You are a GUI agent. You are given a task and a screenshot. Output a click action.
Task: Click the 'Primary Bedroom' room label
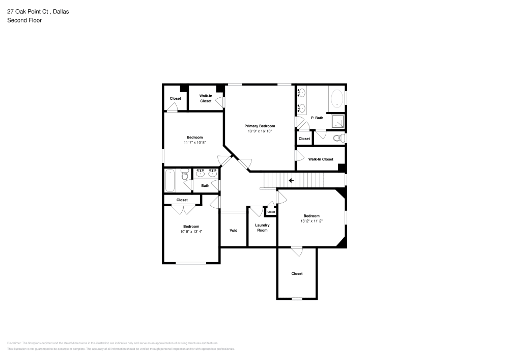pyautogui.click(x=260, y=126)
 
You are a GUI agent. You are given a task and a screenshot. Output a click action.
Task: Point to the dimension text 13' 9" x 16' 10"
pyautogui.click(x=260, y=131)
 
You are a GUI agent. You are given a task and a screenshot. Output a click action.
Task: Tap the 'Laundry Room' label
pyautogui.click(x=262, y=228)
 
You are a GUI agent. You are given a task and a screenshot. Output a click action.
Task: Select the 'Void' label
pyautogui.click(x=233, y=230)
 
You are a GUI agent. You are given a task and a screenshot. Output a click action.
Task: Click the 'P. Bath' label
pyautogui.click(x=317, y=118)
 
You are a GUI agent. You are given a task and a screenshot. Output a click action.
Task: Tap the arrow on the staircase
pyautogui.click(x=292, y=180)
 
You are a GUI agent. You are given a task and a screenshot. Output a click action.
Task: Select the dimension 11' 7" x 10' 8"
pyautogui.click(x=194, y=143)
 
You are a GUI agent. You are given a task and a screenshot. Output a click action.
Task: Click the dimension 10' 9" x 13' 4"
pyautogui.click(x=191, y=232)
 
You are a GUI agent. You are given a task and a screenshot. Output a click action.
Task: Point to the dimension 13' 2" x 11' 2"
pyautogui.click(x=312, y=221)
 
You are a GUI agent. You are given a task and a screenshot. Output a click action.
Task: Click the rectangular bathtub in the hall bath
pyautogui.click(x=170, y=180)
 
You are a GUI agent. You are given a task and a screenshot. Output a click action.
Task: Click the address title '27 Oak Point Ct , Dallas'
pyautogui.click(x=38, y=11)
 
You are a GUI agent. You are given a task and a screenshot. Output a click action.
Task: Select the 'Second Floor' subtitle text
pyautogui.click(x=24, y=20)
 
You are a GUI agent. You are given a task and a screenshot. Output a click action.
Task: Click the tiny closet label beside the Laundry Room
pyautogui.click(x=271, y=212)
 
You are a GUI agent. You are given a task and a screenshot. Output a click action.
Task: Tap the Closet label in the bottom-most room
pyautogui.click(x=297, y=273)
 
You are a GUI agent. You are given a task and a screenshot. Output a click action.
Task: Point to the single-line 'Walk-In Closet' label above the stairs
pyautogui.click(x=321, y=159)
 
